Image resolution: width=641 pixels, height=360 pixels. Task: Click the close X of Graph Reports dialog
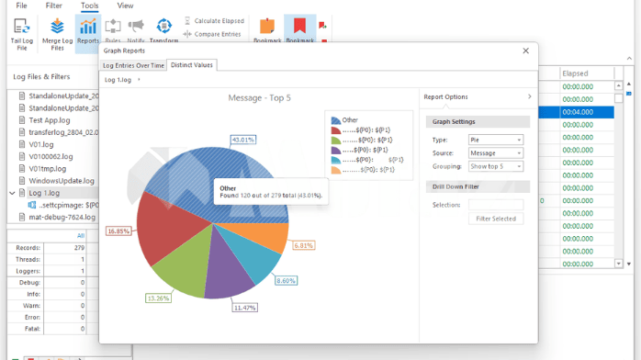pyautogui.click(x=526, y=51)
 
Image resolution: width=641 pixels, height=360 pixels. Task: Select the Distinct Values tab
pyautogui.click(x=191, y=65)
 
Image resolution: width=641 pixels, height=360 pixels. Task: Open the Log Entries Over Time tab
pyautogui.click(x=134, y=65)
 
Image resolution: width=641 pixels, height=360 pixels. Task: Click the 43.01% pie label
pyautogui.click(x=243, y=140)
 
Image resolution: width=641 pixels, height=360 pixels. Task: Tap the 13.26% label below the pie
pyautogui.click(x=159, y=298)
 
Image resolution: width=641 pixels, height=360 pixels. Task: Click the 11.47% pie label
pyautogui.click(x=244, y=307)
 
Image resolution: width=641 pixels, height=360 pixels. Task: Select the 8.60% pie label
pyautogui.click(x=287, y=280)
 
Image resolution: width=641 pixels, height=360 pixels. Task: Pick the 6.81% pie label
pyautogui.click(x=304, y=245)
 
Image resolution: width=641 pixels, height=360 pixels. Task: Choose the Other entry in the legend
pyautogui.click(x=349, y=120)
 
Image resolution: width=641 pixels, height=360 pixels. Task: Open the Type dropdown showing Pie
pyautogui.click(x=495, y=140)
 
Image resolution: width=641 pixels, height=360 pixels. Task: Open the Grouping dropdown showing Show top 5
pyautogui.click(x=495, y=166)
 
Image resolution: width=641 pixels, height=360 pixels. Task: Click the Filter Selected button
pyautogui.click(x=496, y=219)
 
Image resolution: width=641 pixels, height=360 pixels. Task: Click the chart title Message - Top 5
pyautogui.click(x=259, y=97)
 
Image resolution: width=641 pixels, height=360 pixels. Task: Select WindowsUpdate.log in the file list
pyautogui.click(x=62, y=181)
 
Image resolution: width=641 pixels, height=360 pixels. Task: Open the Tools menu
pyautogui.click(x=89, y=6)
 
